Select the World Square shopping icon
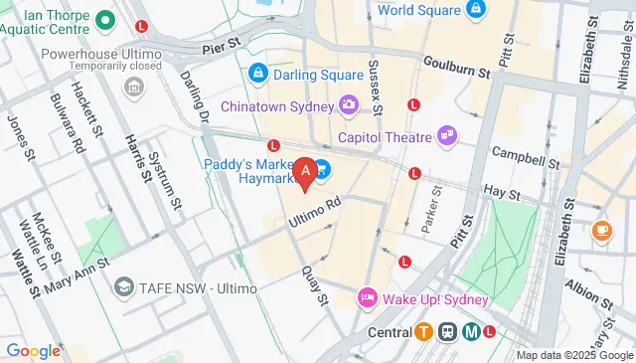click(476, 10)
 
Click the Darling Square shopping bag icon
click(258, 73)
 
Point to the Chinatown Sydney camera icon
click(349, 103)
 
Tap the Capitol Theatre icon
click(448, 136)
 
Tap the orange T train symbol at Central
click(424, 332)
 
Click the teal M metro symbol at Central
click(471, 332)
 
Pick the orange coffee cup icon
click(601, 230)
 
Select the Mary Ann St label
click(75, 275)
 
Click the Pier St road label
click(222, 46)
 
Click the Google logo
click(33, 350)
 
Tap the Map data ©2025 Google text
click(574, 355)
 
